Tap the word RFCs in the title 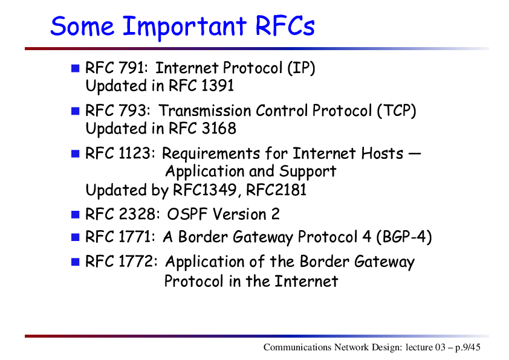pyautogui.click(x=285, y=25)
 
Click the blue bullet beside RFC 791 pyautogui.click(x=76, y=68)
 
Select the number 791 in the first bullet pyautogui.click(x=132, y=68)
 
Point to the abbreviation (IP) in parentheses pyautogui.click(x=301, y=68)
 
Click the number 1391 pyautogui.click(x=217, y=86)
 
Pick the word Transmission pyautogui.click(x=204, y=111)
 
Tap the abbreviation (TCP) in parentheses pyautogui.click(x=397, y=111)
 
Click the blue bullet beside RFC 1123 pyautogui.click(x=76, y=153)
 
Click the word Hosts pyautogui.click(x=382, y=153)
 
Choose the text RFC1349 pyautogui.click(x=204, y=190)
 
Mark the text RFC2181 pyautogui.click(x=276, y=190)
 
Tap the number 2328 pyautogui.click(x=137, y=214)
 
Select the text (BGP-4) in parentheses pyautogui.click(x=404, y=237)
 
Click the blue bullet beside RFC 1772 pyautogui.click(x=76, y=262)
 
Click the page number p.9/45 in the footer pyautogui.click(x=468, y=347)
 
